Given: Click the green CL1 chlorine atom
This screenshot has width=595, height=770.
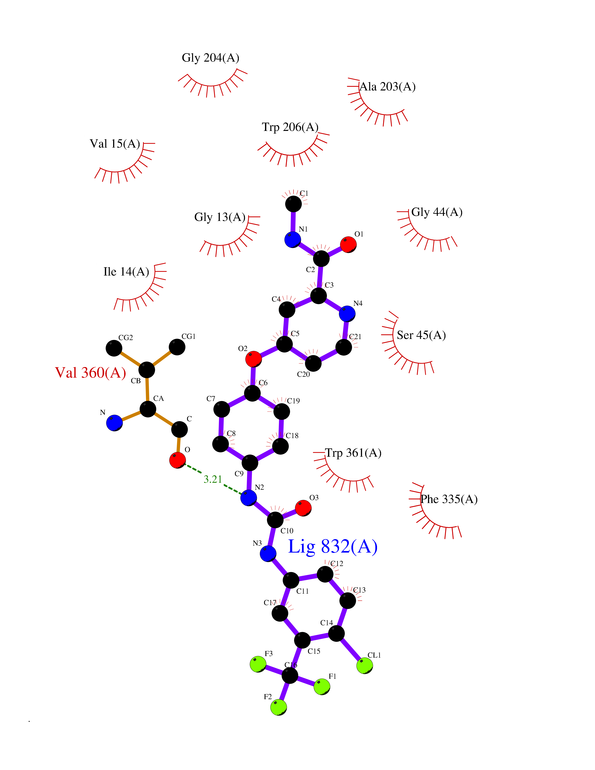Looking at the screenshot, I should (x=364, y=666).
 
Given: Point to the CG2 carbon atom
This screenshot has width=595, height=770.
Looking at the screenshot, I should (x=114, y=348).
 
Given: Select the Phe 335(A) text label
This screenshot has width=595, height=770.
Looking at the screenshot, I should (x=449, y=499).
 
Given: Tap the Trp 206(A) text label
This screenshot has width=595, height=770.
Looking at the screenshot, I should (x=290, y=127).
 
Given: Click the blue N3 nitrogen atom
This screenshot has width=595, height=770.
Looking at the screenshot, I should (x=268, y=554).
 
